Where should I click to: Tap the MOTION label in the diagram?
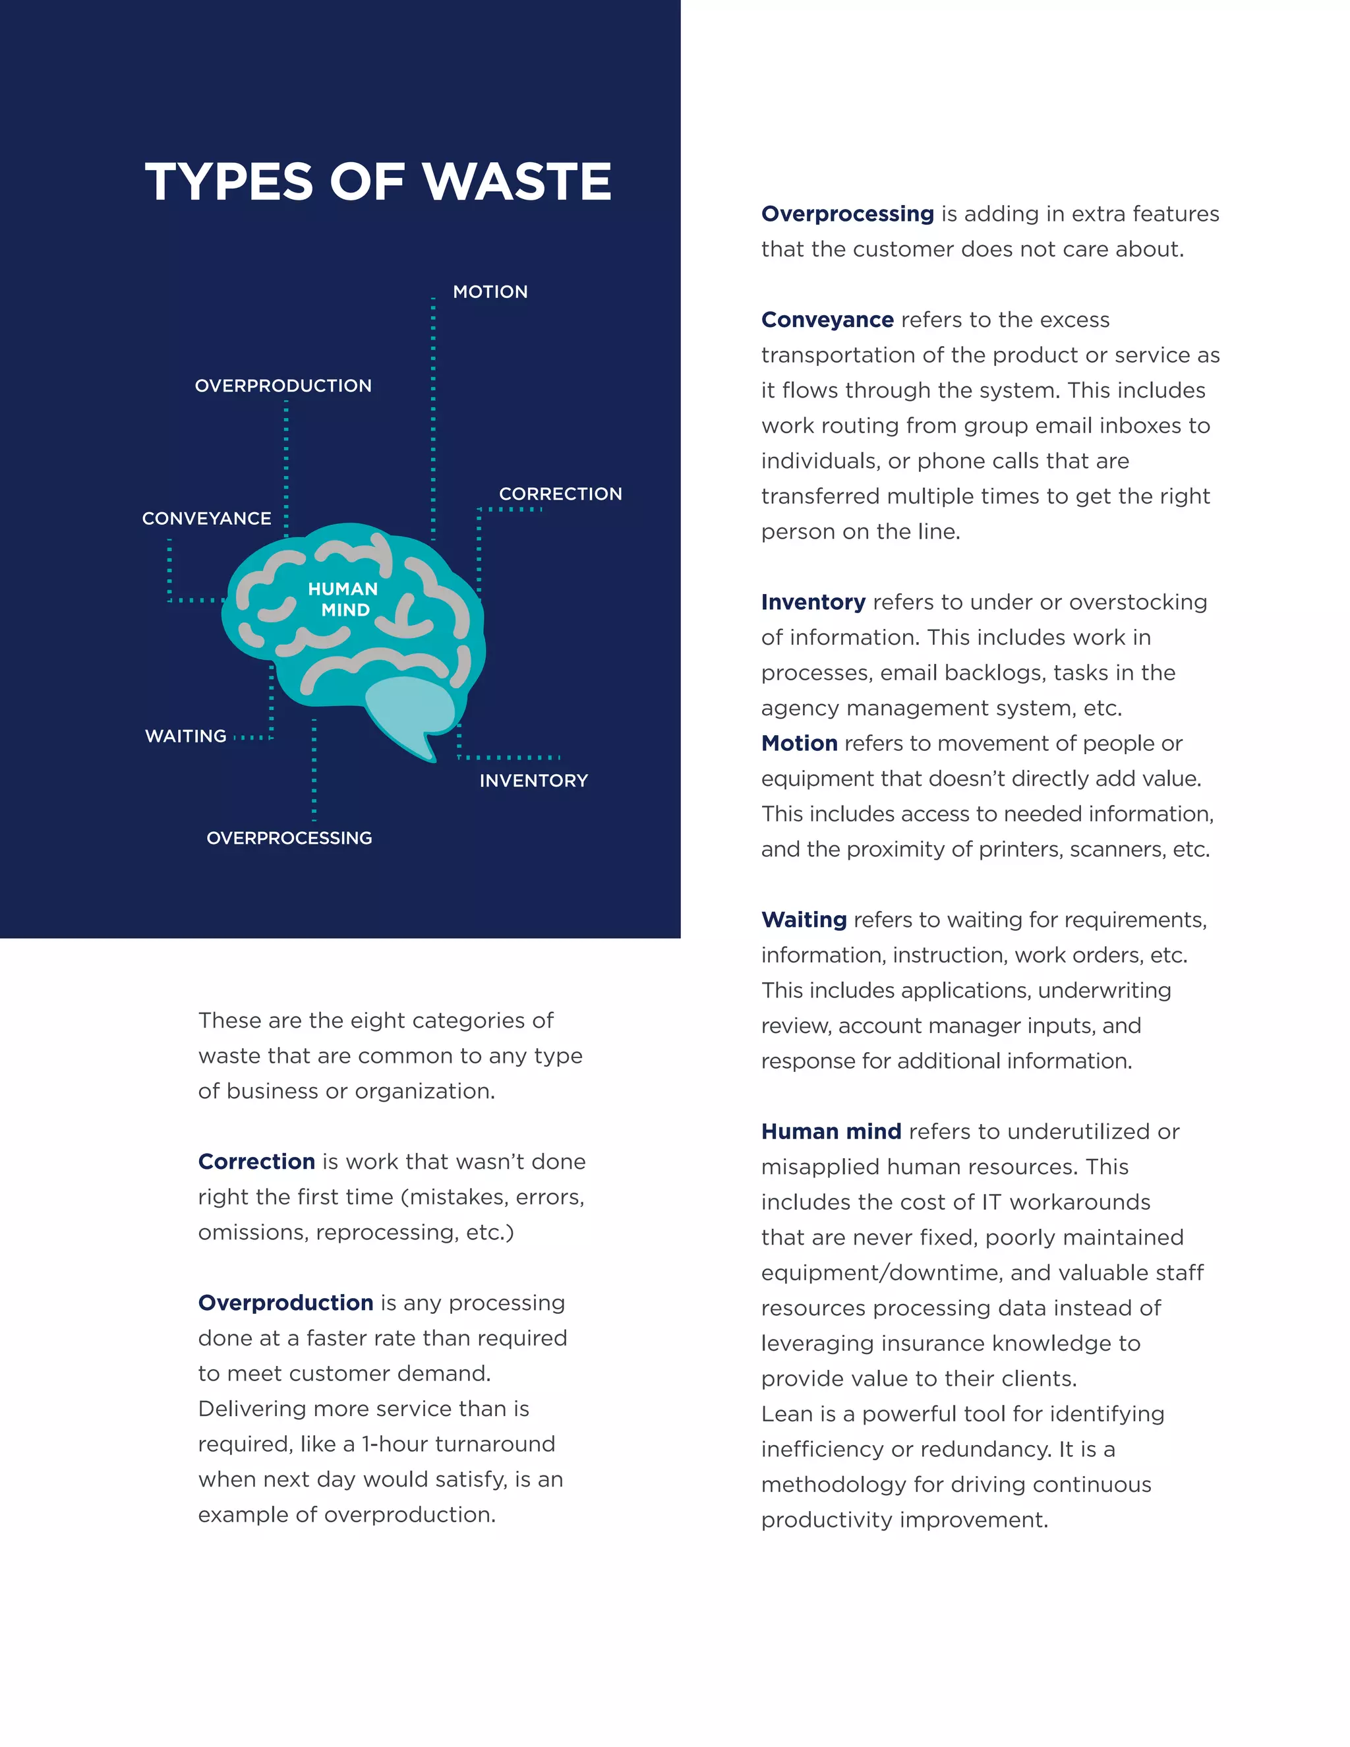(x=490, y=292)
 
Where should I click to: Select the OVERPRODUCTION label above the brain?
(x=283, y=386)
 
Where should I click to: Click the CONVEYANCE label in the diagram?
(x=206, y=518)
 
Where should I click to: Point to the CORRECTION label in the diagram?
(x=560, y=494)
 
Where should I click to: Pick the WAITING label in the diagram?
(x=185, y=736)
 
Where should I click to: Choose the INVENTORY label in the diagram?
(x=533, y=781)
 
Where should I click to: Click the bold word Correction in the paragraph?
(x=256, y=1162)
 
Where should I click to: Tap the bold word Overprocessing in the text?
(x=847, y=214)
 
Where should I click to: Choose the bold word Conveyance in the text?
(x=827, y=319)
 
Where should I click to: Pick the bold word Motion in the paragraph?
(x=799, y=743)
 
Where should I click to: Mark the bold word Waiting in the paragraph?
(x=804, y=919)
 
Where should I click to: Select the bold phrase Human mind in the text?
(x=831, y=1131)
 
